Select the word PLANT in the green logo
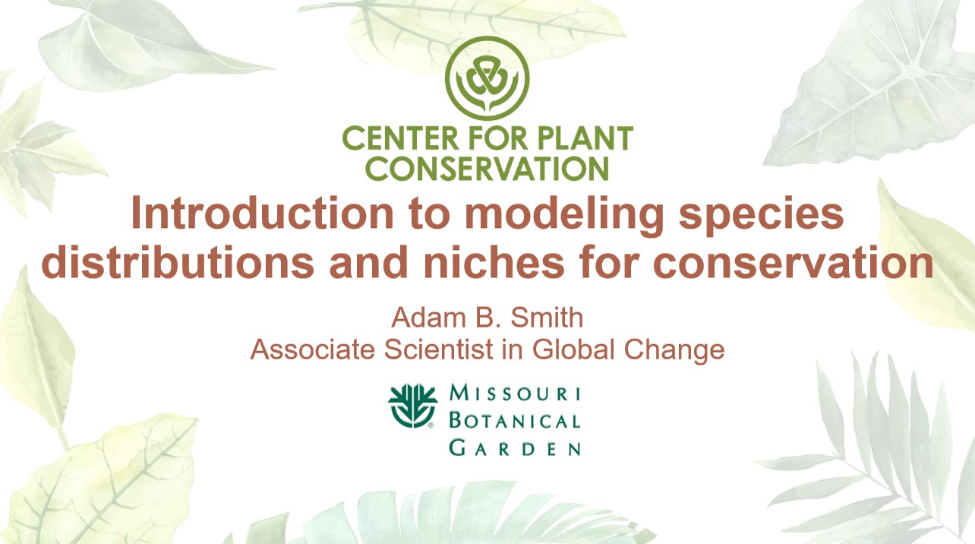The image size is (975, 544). [586, 140]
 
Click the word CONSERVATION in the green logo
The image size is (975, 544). [487, 168]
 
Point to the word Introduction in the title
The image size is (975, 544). [256, 214]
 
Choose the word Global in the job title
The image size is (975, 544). [576, 349]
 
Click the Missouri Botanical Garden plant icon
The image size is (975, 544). [413, 405]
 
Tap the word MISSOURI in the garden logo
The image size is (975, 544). [515, 394]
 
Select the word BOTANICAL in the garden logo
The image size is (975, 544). [515, 420]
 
